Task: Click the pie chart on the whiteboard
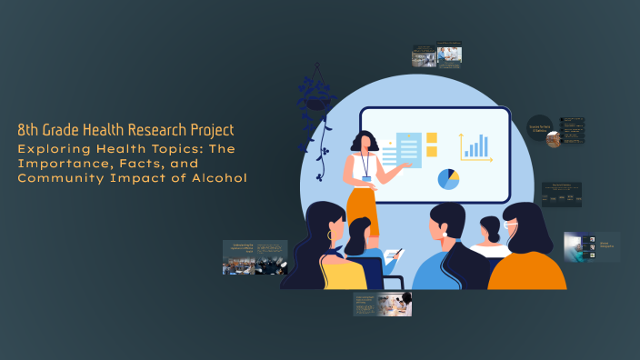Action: tap(448, 179)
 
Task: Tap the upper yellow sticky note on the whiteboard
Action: tap(432, 138)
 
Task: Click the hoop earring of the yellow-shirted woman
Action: tap(329, 235)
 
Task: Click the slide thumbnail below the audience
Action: tap(382, 304)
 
